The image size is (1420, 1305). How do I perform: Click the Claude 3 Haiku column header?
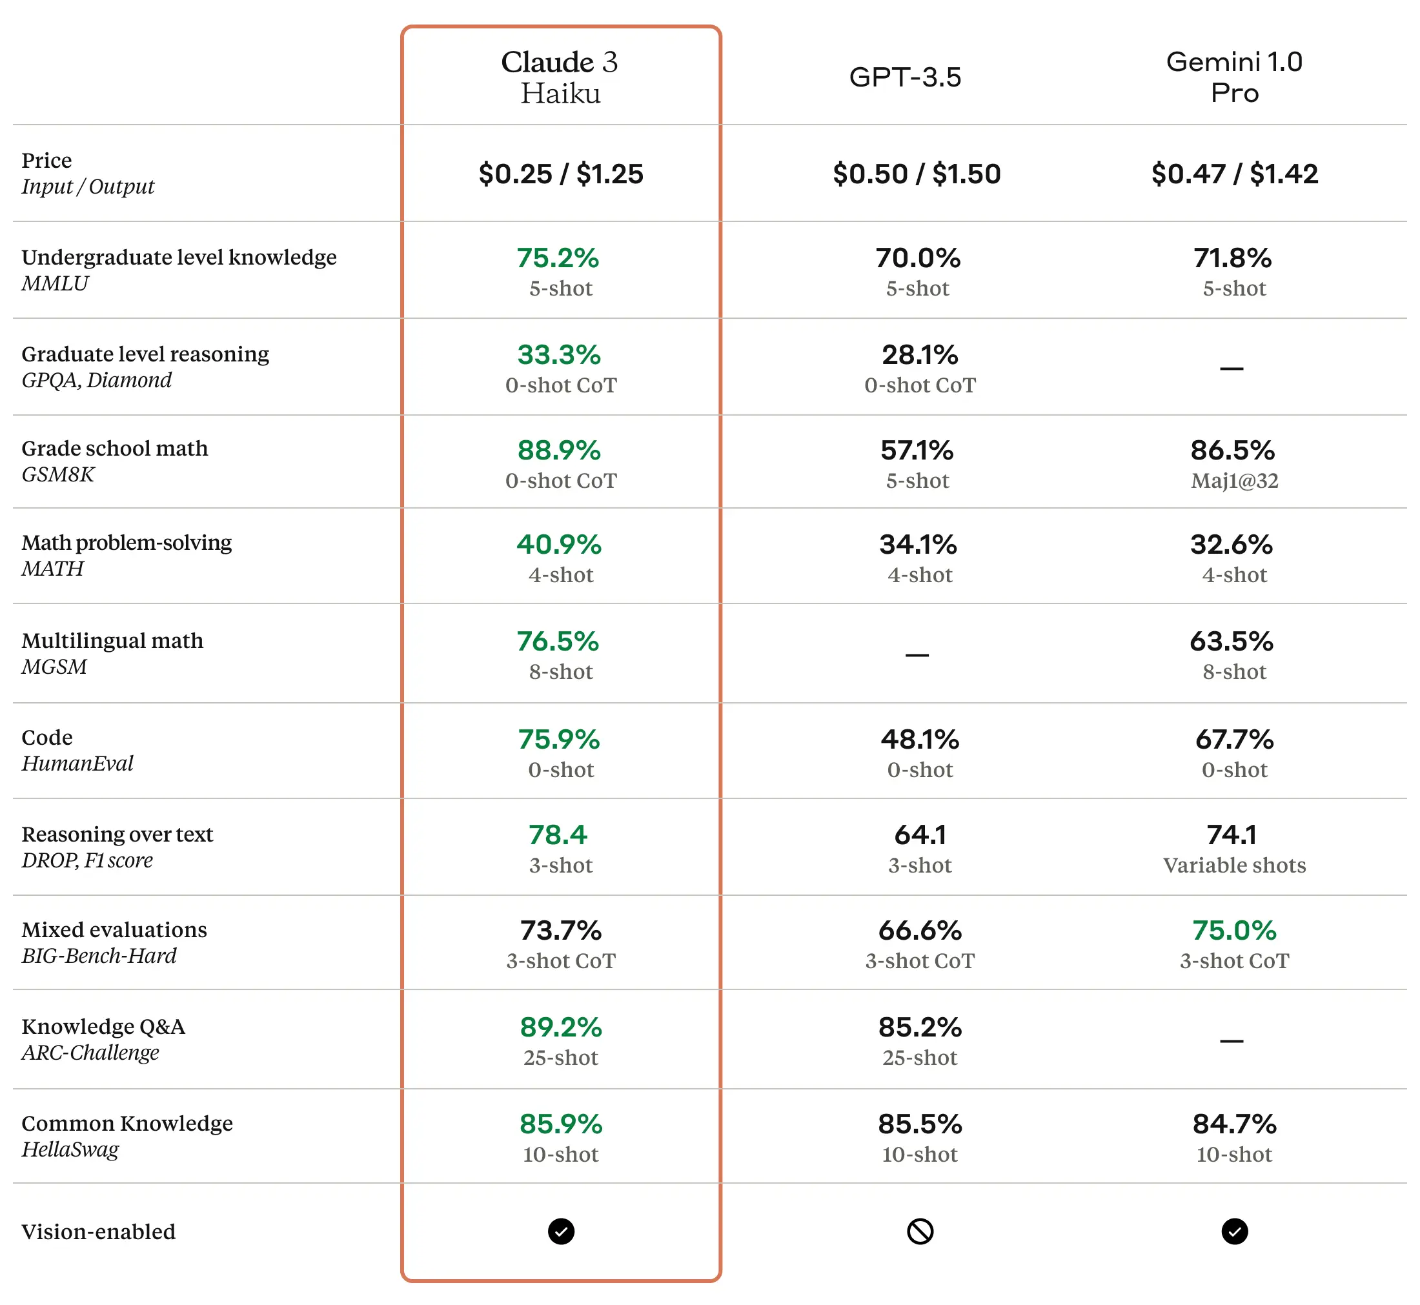[560, 77]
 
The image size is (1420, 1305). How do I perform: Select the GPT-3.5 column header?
[904, 77]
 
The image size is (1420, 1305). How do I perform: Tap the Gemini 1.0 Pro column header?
[1233, 77]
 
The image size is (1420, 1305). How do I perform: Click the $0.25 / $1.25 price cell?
[561, 174]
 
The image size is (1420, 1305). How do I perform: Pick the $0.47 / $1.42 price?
[1233, 174]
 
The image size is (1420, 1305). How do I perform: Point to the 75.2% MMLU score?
[558, 258]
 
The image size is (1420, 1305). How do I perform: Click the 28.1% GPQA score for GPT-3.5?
[919, 354]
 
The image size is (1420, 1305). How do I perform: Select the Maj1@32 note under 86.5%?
[1234, 481]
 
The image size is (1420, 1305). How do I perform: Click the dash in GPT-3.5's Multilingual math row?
[917, 655]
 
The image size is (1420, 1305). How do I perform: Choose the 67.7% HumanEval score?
[1234, 740]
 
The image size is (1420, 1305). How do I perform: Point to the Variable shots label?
[1234, 865]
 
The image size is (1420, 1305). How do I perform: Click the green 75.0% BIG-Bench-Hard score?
[1234, 930]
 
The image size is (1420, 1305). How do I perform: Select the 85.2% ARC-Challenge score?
[919, 1027]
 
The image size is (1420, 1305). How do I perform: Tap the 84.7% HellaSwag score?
[1234, 1124]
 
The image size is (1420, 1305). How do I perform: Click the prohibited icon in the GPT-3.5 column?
[919, 1231]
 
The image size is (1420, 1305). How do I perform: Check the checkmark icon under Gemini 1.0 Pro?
[1234, 1231]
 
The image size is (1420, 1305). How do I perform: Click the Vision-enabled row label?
[98, 1231]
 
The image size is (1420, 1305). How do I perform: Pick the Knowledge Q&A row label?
[103, 1026]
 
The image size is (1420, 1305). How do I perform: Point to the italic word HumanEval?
[77, 764]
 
